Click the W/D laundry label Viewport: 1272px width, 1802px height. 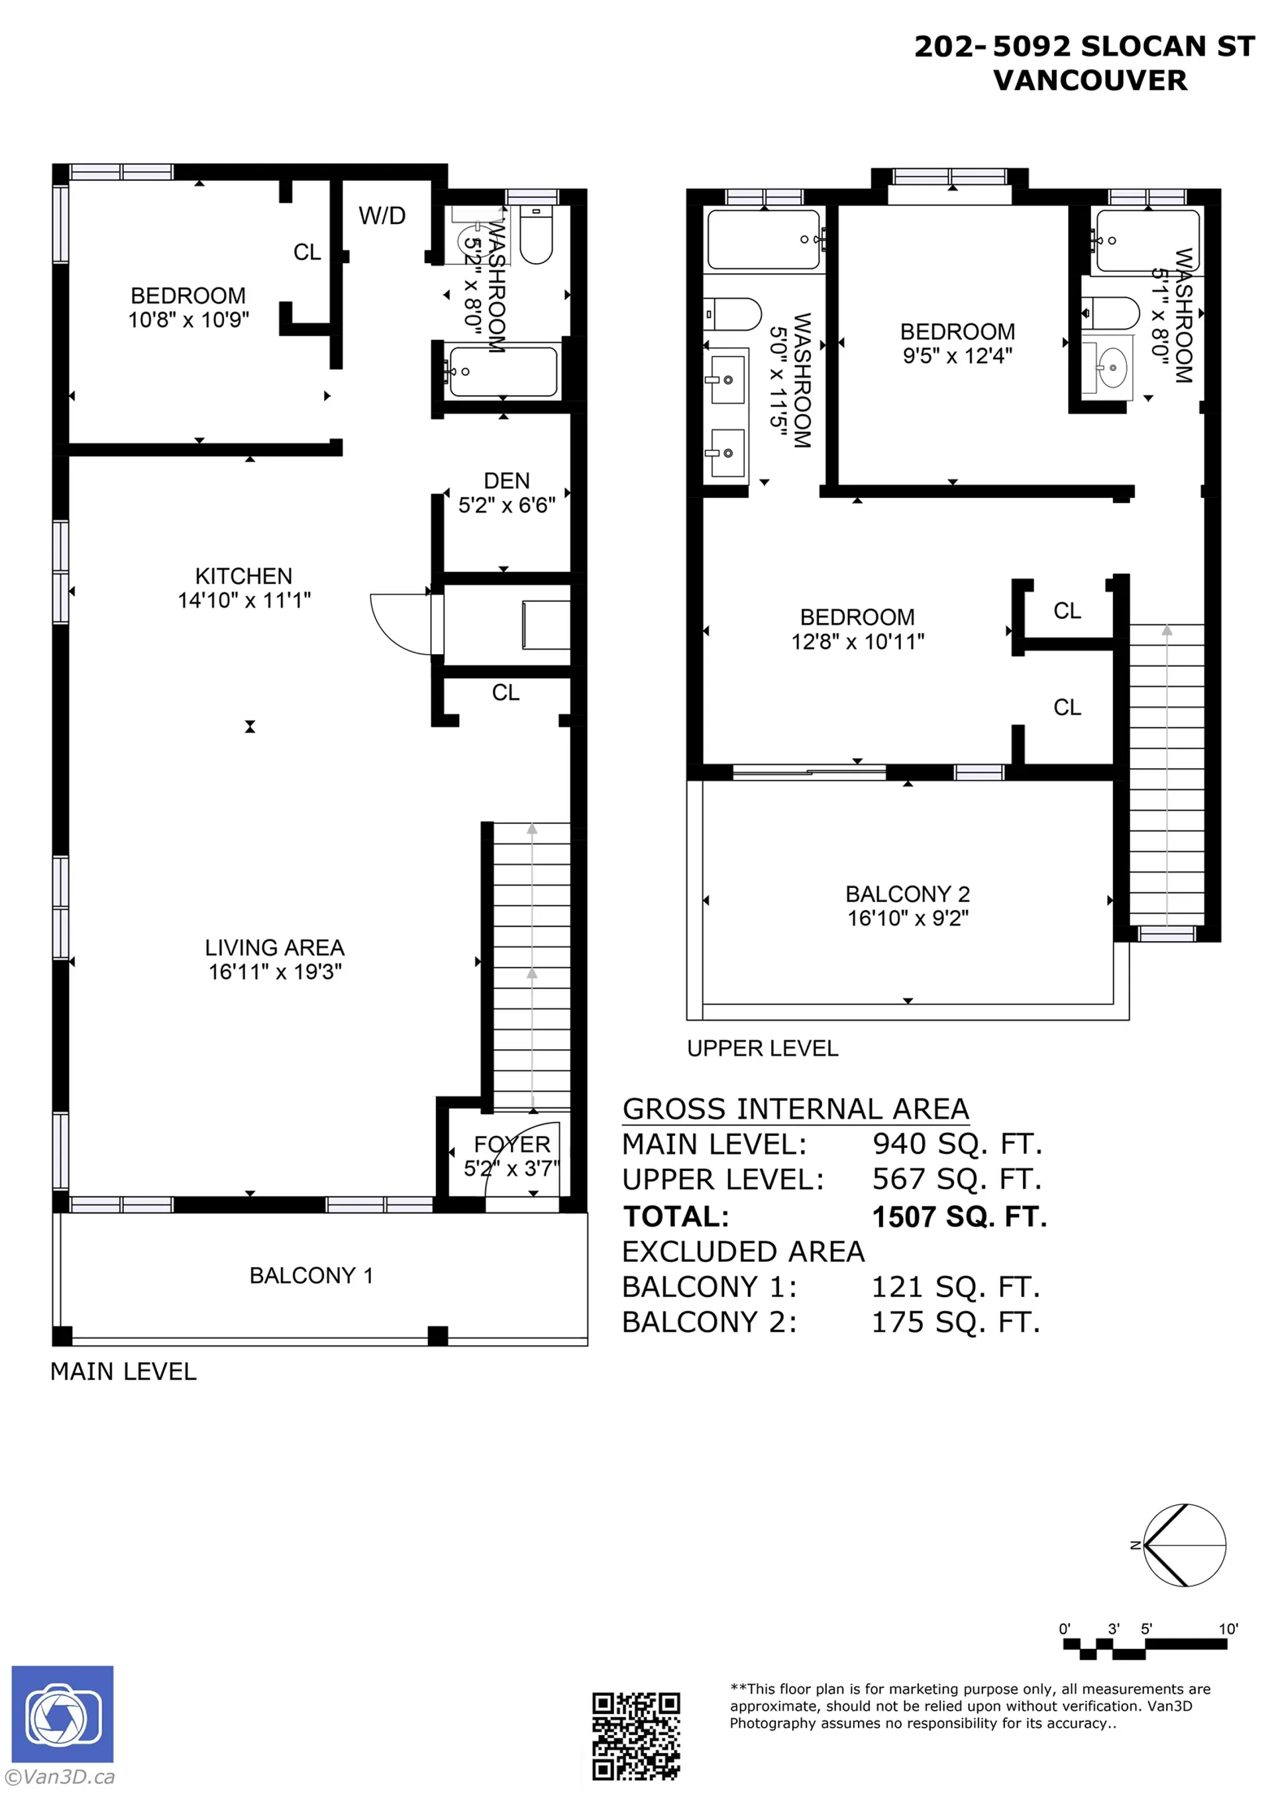tap(382, 216)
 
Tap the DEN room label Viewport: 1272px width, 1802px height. tap(506, 480)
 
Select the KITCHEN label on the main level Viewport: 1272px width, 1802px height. tap(243, 576)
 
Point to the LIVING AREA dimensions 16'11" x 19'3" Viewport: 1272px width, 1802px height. tap(275, 972)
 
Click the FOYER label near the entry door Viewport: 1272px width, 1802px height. tap(511, 1145)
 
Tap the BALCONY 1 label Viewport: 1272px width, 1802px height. tap(311, 1275)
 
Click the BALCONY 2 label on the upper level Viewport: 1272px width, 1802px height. tap(907, 894)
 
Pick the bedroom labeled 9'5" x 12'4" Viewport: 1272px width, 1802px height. tap(957, 343)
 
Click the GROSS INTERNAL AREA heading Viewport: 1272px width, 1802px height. tap(795, 1109)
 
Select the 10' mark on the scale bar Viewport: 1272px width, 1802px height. tap(1227, 1628)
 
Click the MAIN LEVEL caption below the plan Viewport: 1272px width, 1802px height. tap(123, 1372)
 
